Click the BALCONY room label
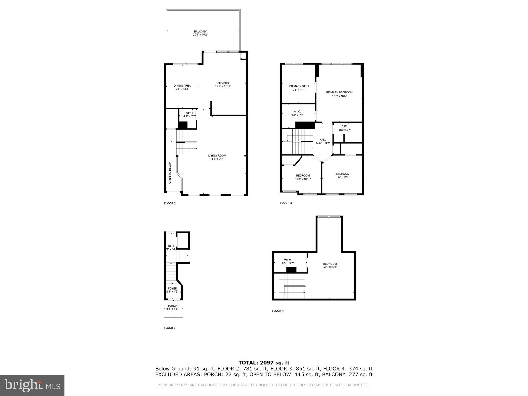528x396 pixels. tap(200, 31)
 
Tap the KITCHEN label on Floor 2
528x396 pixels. tap(223, 83)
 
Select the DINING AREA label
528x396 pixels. tap(182, 86)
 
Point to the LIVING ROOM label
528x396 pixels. tap(217, 155)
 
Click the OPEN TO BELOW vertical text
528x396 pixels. tap(170, 172)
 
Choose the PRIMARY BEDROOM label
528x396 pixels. tap(339, 92)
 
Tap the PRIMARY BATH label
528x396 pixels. tap(299, 86)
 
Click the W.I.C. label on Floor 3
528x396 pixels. tap(297, 112)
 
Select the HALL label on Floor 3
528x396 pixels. tap(323, 140)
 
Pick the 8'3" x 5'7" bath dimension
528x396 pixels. tap(345, 130)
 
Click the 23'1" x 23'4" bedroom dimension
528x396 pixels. tap(330, 267)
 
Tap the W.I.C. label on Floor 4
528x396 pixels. tap(288, 260)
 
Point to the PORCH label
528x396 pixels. tap(173, 306)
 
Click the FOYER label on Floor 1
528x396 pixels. tap(172, 288)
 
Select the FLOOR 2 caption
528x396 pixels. tap(170, 203)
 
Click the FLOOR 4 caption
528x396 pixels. tap(278, 311)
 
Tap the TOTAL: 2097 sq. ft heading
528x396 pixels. tap(264, 363)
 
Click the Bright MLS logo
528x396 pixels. tap(32, 385)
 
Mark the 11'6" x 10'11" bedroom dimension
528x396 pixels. tap(343, 177)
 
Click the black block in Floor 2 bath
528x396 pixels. tap(183, 125)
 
